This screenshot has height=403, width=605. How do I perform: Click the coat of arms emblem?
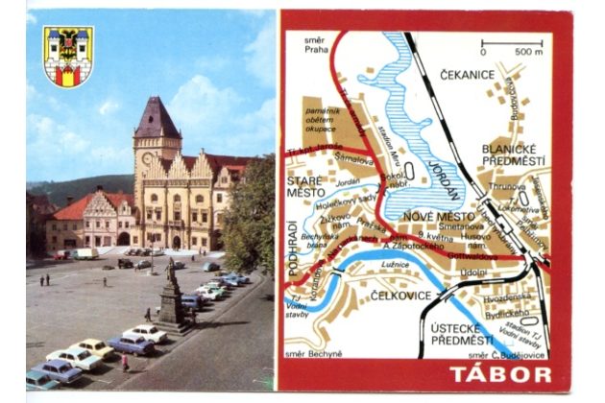coord(68,56)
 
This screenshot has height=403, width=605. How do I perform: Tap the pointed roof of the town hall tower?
coord(156,118)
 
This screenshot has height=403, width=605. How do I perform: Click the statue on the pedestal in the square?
coord(171,289)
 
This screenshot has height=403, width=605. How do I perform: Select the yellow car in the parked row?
coord(94,348)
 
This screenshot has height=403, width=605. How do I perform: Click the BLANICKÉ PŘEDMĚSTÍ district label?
coord(513,154)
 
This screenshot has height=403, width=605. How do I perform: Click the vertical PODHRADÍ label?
coord(293,248)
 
